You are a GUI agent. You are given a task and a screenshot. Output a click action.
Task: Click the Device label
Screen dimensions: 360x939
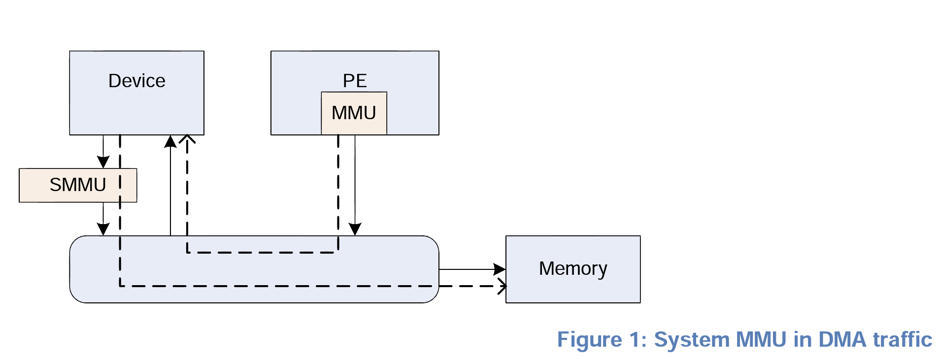136,81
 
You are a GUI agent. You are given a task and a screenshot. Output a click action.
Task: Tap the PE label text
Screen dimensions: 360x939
355,81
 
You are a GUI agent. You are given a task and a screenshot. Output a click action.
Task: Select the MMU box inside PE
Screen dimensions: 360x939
354,113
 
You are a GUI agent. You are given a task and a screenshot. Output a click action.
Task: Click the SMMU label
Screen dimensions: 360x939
78,185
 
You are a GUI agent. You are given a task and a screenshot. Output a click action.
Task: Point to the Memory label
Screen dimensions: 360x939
572,269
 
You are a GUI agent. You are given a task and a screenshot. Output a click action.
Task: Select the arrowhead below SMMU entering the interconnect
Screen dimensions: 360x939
103,229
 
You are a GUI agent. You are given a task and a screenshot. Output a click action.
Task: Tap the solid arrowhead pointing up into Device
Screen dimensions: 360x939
170,142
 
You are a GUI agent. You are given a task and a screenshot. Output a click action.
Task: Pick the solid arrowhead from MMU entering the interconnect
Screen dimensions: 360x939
355,229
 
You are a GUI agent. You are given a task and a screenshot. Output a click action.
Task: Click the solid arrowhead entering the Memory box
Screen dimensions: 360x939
500,269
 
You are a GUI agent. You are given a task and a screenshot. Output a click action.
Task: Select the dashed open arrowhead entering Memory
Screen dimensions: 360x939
502,286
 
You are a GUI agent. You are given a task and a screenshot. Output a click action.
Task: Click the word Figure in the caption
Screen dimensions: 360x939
589,340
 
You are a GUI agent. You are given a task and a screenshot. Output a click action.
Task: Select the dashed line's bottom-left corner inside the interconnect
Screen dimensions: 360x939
120,286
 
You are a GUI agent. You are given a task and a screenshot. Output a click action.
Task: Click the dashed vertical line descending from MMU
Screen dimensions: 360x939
338,187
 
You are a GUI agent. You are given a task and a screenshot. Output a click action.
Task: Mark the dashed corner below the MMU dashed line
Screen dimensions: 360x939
338,252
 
